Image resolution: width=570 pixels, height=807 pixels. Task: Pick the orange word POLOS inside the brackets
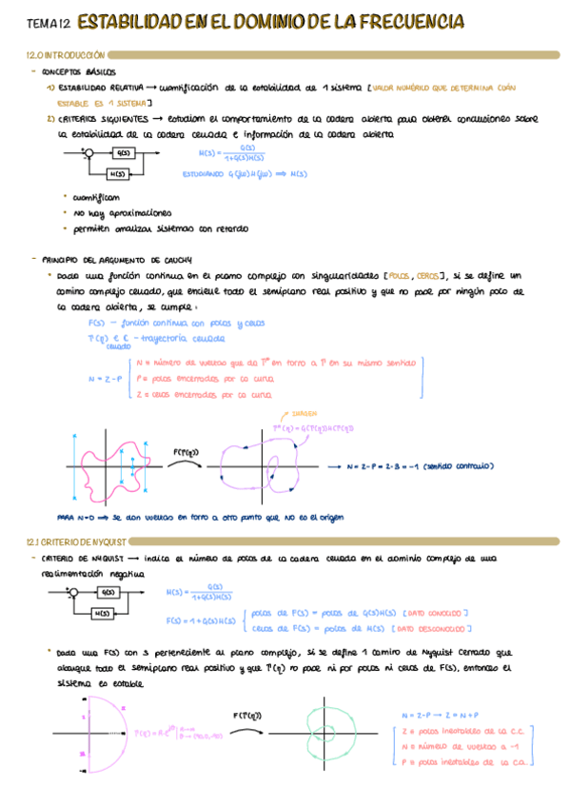(403, 276)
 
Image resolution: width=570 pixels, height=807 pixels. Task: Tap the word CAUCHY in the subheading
(175, 259)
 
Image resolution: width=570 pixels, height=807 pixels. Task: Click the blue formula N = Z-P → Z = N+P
(441, 714)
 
